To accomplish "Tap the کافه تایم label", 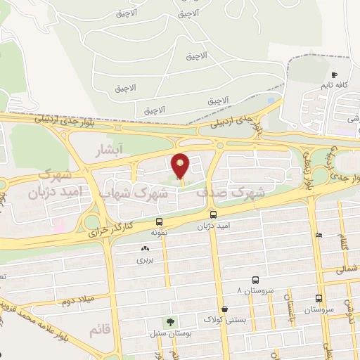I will (335, 85).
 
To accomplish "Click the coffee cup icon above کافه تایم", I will (334, 75).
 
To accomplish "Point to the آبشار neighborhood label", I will (111, 150).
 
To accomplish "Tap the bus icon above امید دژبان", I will (212, 214).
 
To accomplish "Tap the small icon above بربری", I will (145, 248).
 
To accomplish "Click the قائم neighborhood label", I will (101, 328).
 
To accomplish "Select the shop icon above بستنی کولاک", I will (224, 309).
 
